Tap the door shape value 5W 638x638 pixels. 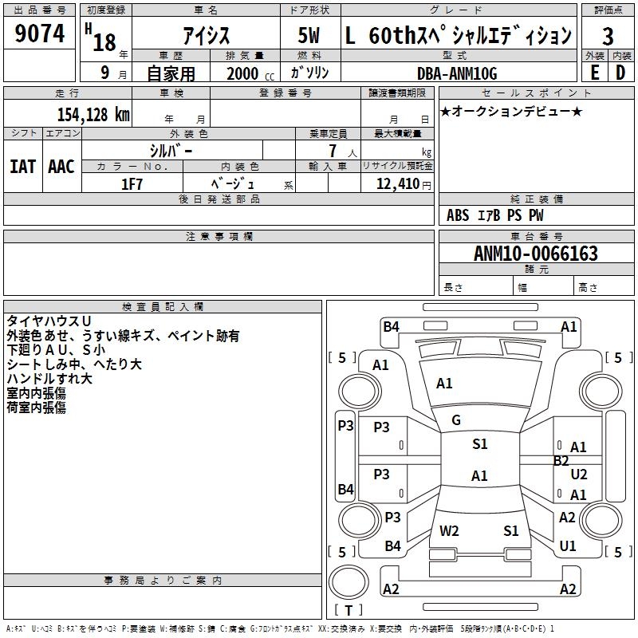tap(309, 37)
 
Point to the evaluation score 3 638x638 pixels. tap(608, 37)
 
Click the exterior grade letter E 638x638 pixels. tap(594, 73)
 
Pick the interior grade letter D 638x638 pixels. tap(620, 73)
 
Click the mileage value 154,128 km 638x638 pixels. tap(93, 114)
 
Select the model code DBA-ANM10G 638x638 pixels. tap(457, 73)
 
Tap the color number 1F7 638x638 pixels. tap(132, 184)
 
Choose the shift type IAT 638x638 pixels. tap(22, 167)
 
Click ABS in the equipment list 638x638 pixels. tap(458, 215)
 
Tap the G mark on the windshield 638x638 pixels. tap(456, 420)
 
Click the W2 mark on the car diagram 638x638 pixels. tap(449, 530)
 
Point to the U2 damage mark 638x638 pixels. tap(579, 475)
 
